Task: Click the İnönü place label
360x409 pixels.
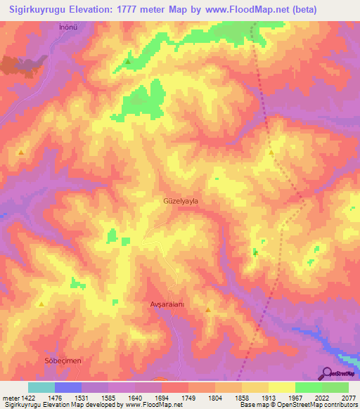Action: click(x=67, y=28)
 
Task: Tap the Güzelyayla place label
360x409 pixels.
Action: click(x=181, y=201)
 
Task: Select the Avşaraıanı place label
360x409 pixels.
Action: click(x=167, y=304)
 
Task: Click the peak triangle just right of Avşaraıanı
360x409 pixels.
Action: click(x=208, y=310)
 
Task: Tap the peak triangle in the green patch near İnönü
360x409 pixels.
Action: click(x=127, y=62)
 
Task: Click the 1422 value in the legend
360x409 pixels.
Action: click(x=27, y=397)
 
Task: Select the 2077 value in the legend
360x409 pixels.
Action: click(x=348, y=397)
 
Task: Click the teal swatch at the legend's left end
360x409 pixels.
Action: click(x=41, y=387)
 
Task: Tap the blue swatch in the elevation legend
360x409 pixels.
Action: click(x=67, y=387)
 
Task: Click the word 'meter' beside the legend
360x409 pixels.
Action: click(x=10, y=397)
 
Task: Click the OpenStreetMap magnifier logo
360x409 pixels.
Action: click(x=326, y=373)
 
